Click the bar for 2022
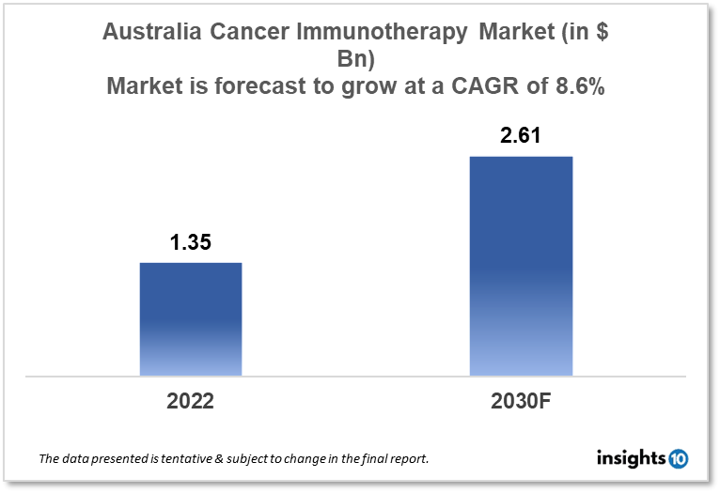click(191, 319)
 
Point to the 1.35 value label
click(191, 242)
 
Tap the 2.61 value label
click(521, 136)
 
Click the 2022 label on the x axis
click(191, 401)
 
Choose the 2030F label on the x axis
click(521, 401)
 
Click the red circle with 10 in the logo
click(679, 458)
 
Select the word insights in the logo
click(631, 458)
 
